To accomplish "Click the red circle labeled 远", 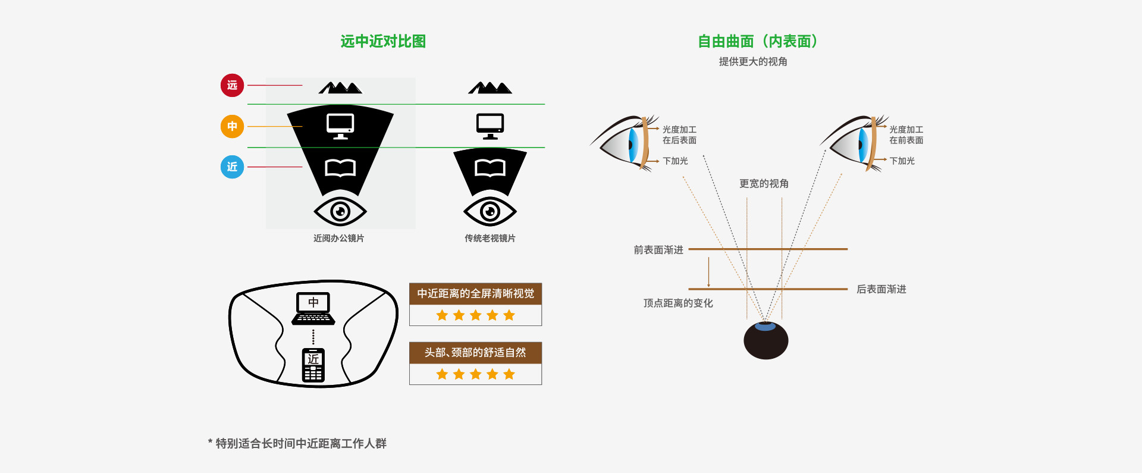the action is pyautogui.click(x=232, y=86).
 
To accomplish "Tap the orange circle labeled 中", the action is pyautogui.click(x=232, y=126).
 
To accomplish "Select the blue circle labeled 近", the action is pyautogui.click(x=232, y=167).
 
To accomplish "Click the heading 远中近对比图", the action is pyautogui.click(x=383, y=41).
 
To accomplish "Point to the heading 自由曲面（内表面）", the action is pyautogui.click(x=757, y=41).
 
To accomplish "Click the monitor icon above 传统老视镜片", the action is pyautogui.click(x=490, y=126).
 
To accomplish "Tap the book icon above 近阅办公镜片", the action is pyautogui.click(x=340, y=168).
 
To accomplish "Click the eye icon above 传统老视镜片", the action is pyautogui.click(x=490, y=211).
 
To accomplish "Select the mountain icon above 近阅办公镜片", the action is pyautogui.click(x=340, y=88).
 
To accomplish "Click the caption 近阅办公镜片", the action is pyautogui.click(x=339, y=238).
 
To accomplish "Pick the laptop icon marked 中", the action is pyautogui.click(x=313, y=308).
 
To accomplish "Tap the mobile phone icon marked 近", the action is pyautogui.click(x=313, y=365).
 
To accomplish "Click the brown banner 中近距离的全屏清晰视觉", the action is pyautogui.click(x=475, y=294).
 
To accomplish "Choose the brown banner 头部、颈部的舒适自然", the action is pyautogui.click(x=475, y=353).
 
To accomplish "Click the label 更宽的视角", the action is pyautogui.click(x=764, y=184).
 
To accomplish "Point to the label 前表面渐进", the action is pyautogui.click(x=658, y=250).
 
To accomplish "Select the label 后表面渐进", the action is pyautogui.click(x=881, y=289).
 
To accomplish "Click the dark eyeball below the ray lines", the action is pyautogui.click(x=766, y=340).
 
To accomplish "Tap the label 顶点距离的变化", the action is pyautogui.click(x=678, y=303).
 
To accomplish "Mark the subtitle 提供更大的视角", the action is pyautogui.click(x=753, y=62).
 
